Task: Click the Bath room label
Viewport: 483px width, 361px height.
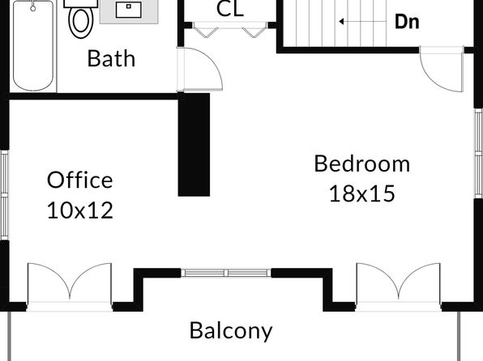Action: [x=111, y=58]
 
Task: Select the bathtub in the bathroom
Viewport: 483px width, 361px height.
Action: [x=33, y=45]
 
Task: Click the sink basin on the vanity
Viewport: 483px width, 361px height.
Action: [x=129, y=10]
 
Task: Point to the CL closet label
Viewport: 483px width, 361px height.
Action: [x=230, y=9]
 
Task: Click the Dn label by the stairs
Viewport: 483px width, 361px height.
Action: [x=407, y=22]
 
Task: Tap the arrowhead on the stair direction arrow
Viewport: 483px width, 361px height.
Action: [x=341, y=22]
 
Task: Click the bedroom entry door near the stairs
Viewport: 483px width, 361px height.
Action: [x=442, y=70]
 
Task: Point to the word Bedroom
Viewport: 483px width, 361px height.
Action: [x=362, y=164]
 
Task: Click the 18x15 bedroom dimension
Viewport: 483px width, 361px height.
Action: [x=362, y=193]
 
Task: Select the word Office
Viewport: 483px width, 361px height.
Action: [x=79, y=180]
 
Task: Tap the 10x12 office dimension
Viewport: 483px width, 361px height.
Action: [x=80, y=210]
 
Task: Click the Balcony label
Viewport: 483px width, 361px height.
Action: [x=231, y=330]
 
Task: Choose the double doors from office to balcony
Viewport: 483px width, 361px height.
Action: [x=70, y=287]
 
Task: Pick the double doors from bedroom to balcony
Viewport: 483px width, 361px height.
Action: [x=398, y=287]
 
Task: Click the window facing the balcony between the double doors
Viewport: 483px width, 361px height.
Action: [x=226, y=273]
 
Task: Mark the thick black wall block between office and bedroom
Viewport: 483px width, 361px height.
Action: [x=194, y=145]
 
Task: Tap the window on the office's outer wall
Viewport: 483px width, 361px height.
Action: [x=4, y=195]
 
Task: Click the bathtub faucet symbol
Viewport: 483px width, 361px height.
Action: [x=33, y=6]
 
